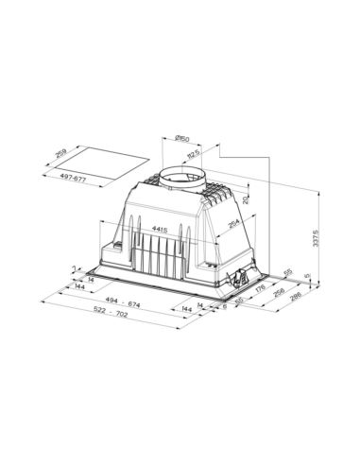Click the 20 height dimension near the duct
pyautogui.click(x=244, y=199)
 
